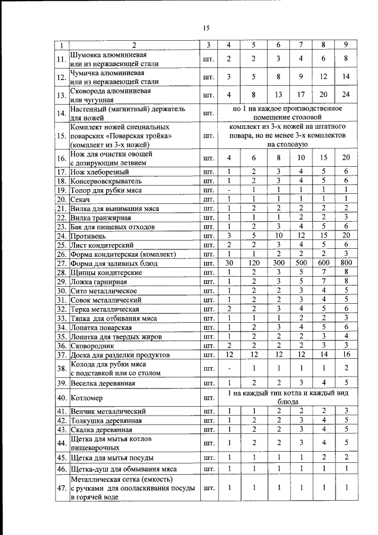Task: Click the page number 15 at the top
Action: pos(207,28)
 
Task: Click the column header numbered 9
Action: pos(346,46)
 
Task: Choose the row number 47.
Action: pos(61,488)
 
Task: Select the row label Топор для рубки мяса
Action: pos(107,190)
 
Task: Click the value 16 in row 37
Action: pos(346,355)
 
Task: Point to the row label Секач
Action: pos(81,199)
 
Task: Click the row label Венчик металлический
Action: pos(106,410)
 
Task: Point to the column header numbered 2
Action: pos(133,46)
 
